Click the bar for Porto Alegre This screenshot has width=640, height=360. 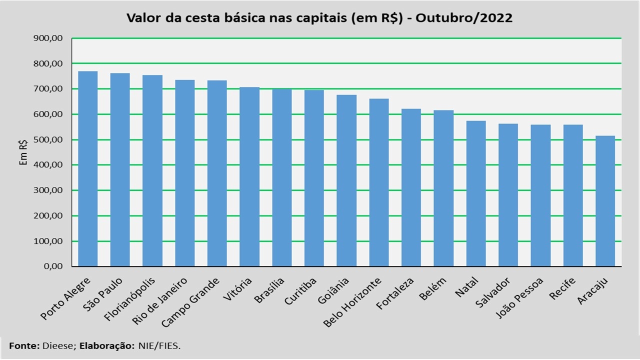[87, 169]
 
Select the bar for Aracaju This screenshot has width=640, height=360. [605, 201]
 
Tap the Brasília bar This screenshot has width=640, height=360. [281, 177]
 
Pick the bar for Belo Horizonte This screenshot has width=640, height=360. [379, 182]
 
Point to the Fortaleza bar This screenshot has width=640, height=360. [411, 187]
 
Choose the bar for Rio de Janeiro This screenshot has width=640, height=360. [185, 173]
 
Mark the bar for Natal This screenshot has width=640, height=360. [476, 193]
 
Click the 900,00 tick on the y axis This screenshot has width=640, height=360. [48, 38]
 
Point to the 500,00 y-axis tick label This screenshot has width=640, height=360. [48, 139]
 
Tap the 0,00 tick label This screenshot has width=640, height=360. [53, 266]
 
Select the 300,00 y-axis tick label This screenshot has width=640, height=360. [48, 190]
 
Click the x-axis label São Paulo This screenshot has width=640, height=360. [103, 294]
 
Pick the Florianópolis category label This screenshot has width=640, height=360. [129, 299]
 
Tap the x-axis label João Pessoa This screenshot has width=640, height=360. [519, 297]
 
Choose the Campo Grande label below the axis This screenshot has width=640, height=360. [190, 302]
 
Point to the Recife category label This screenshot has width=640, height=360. [562, 288]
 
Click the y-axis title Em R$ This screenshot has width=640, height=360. [23, 152]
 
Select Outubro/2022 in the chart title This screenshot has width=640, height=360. [464, 17]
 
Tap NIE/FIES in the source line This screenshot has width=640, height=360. [159, 346]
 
